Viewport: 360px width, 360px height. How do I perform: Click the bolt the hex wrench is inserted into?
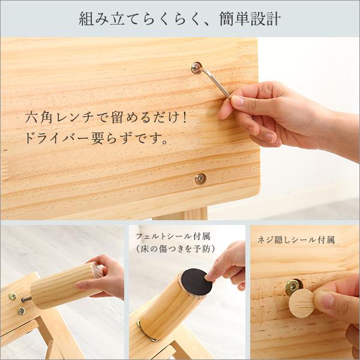(197, 68)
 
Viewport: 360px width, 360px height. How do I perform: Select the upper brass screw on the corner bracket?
(12, 296)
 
